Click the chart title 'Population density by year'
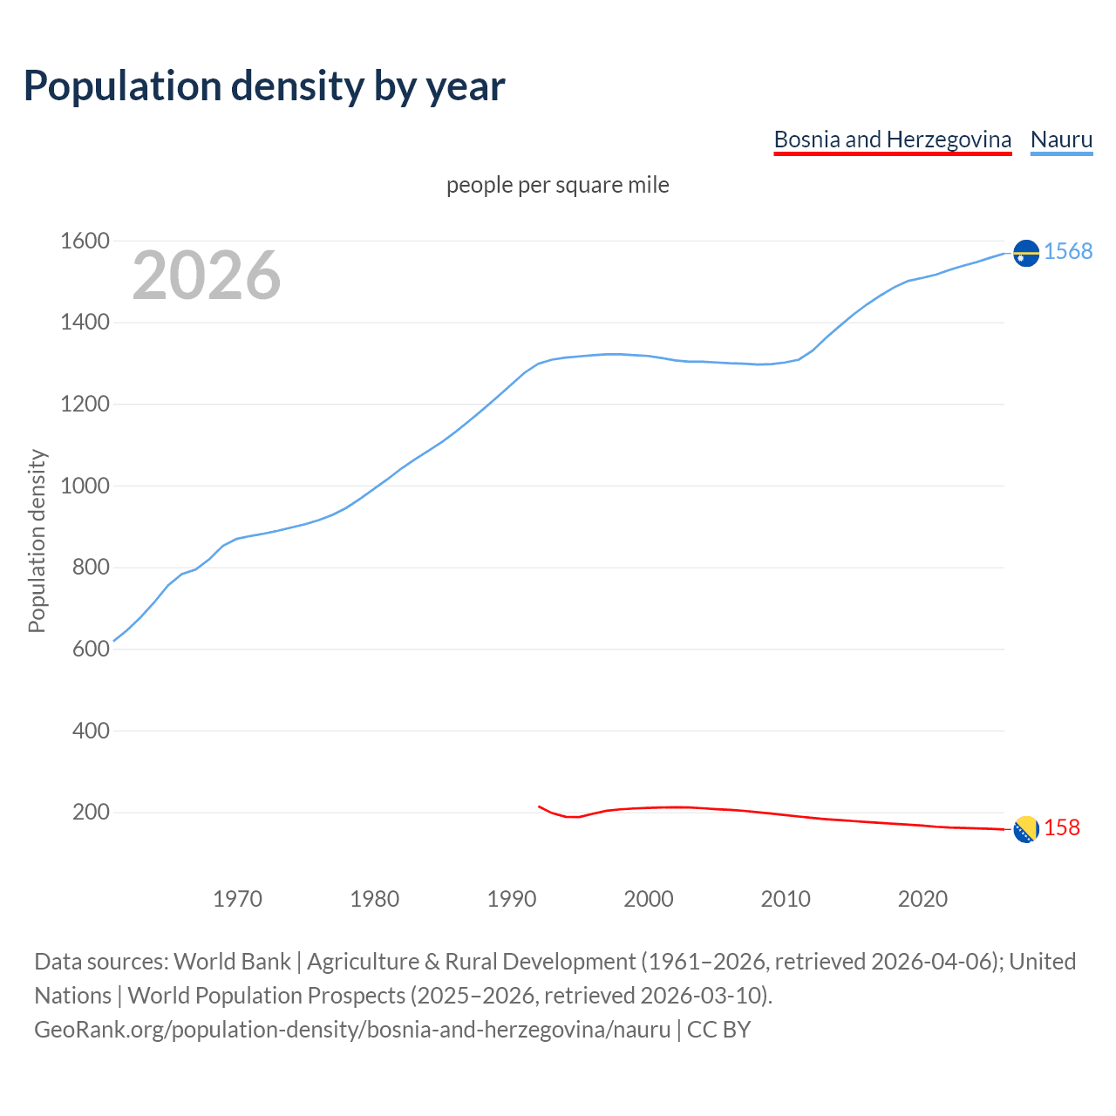(x=264, y=85)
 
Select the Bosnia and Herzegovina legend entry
(x=892, y=139)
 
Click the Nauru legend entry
(x=1061, y=139)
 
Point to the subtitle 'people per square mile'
(x=557, y=185)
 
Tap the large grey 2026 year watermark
(x=207, y=276)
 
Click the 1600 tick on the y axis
(x=85, y=241)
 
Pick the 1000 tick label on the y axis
(x=85, y=486)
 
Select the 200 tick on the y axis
(x=91, y=813)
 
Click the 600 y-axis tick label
(x=91, y=649)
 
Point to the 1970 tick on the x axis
(x=237, y=899)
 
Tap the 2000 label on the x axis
(x=649, y=899)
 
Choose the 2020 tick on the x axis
(x=922, y=899)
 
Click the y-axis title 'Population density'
(x=37, y=541)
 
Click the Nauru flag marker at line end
(x=1026, y=253)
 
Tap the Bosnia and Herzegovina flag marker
(x=1026, y=829)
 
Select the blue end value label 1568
(x=1068, y=251)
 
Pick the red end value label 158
(x=1062, y=827)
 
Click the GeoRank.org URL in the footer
(x=352, y=1030)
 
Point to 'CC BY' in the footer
(x=718, y=1030)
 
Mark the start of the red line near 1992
(x=539, y=806)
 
